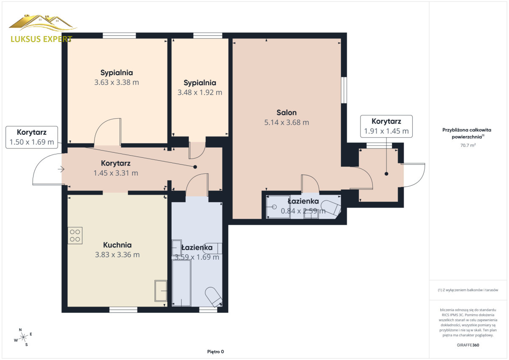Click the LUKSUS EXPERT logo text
(x=42, y=39)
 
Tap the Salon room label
(x=287, y=113)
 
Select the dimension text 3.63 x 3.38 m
(x=117, y=82)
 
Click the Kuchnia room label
(x=117, y=245)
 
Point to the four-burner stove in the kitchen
(x=75, y=235)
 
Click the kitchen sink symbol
(x=161, y=291)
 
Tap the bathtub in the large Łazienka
(x=182, y=283)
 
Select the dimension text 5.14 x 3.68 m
(x=287, y=123)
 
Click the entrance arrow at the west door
(x=61, y=169)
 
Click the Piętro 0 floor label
(x=215, y=352)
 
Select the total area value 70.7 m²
(x=468, y=145)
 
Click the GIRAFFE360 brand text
(x=468, y=345)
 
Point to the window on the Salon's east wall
(x=344, y=90)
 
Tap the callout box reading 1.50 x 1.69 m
(x=31, y=137)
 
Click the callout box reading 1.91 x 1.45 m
(x=386, y=126)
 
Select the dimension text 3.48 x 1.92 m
(x=200, y=92)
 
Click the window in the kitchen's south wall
(x=123, y=310)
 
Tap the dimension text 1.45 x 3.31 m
(x=116, y=173)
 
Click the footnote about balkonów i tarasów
(x=468, y=290)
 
